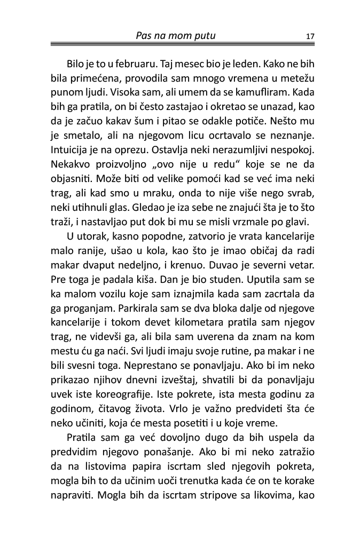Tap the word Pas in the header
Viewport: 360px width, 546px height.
(145, 36)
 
